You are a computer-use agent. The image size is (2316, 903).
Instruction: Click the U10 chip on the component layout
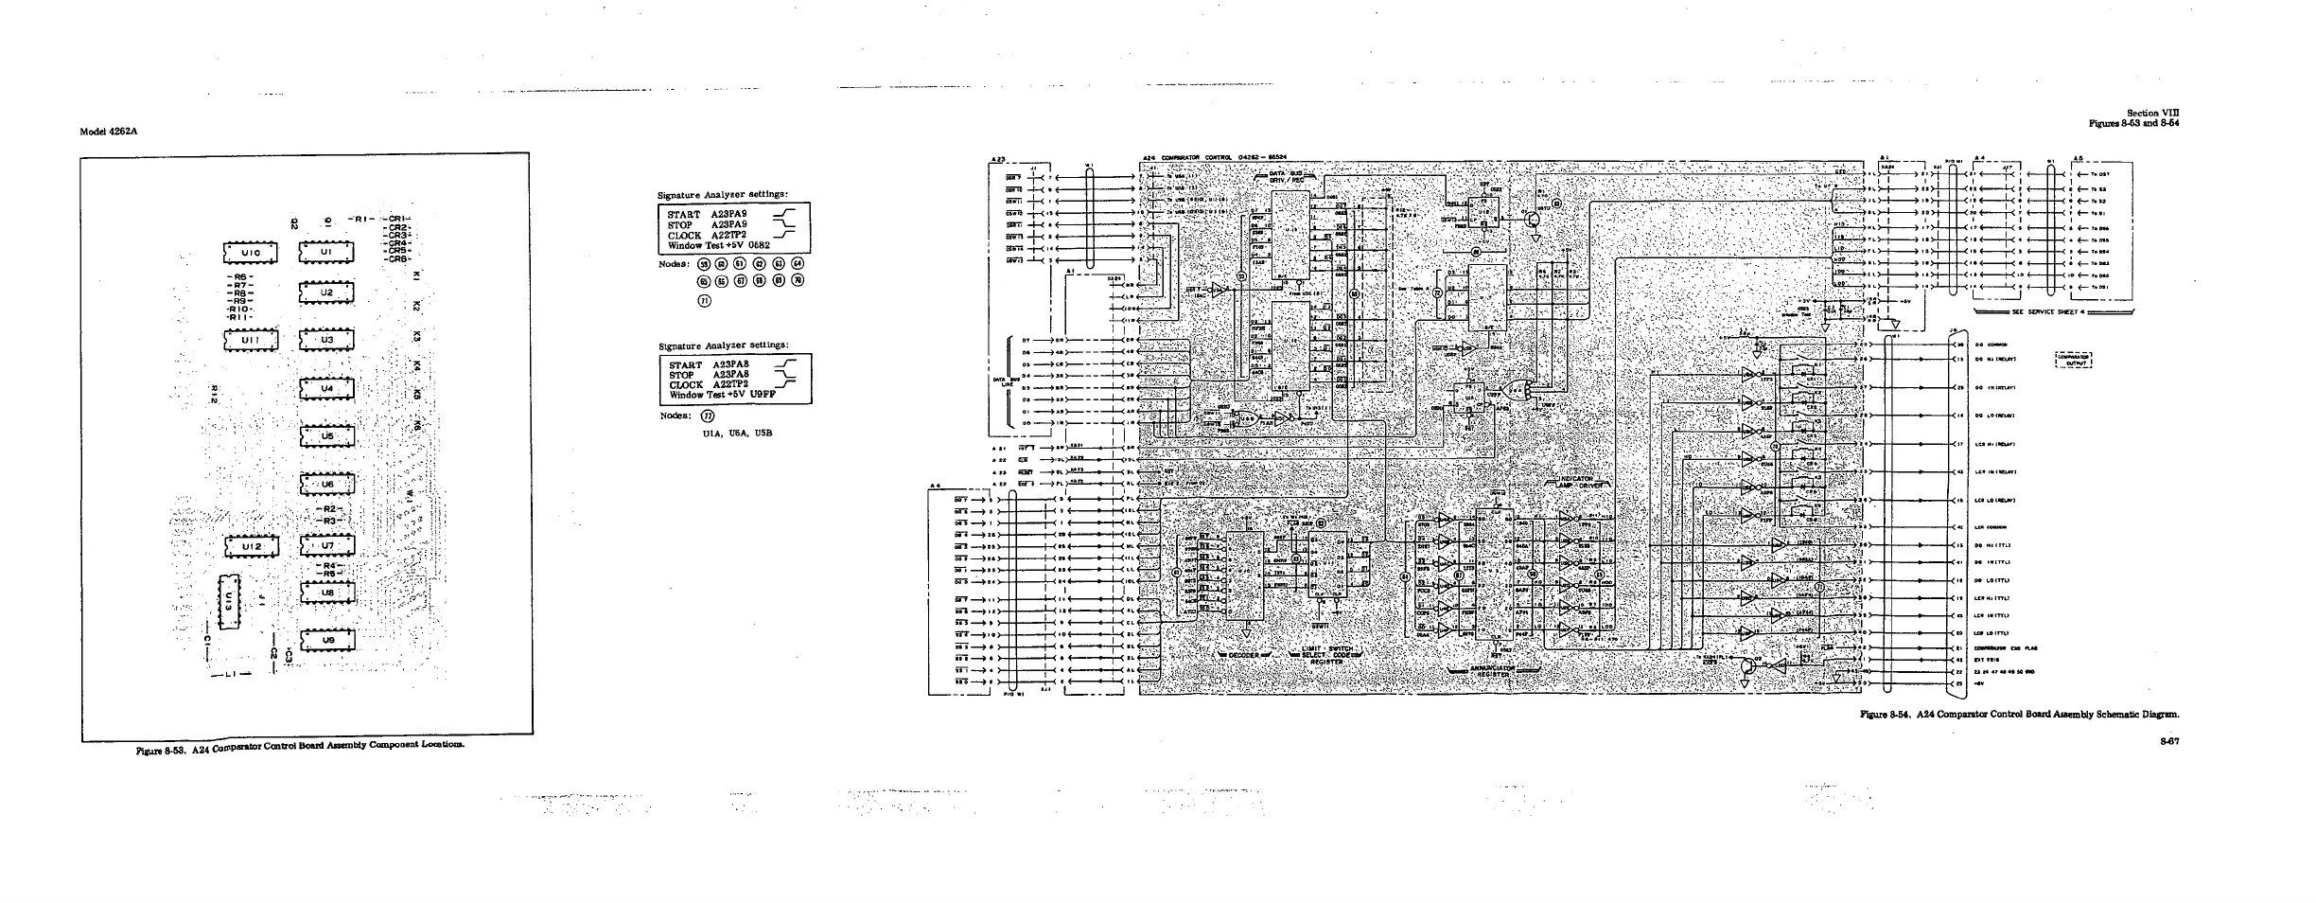pos(248,252)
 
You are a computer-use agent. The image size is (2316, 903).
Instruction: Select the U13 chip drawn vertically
pos(230,600)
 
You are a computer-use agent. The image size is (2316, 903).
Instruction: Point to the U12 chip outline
pos(248,547)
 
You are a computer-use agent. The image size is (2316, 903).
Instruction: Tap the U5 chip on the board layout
pos(327,436)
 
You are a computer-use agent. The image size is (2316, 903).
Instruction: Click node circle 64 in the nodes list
pos(798,263)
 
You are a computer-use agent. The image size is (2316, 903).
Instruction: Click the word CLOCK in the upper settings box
pos(684,236)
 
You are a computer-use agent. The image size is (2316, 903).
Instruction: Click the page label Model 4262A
pos(110,131)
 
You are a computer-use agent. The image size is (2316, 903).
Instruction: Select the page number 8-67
pos(2169,741)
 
